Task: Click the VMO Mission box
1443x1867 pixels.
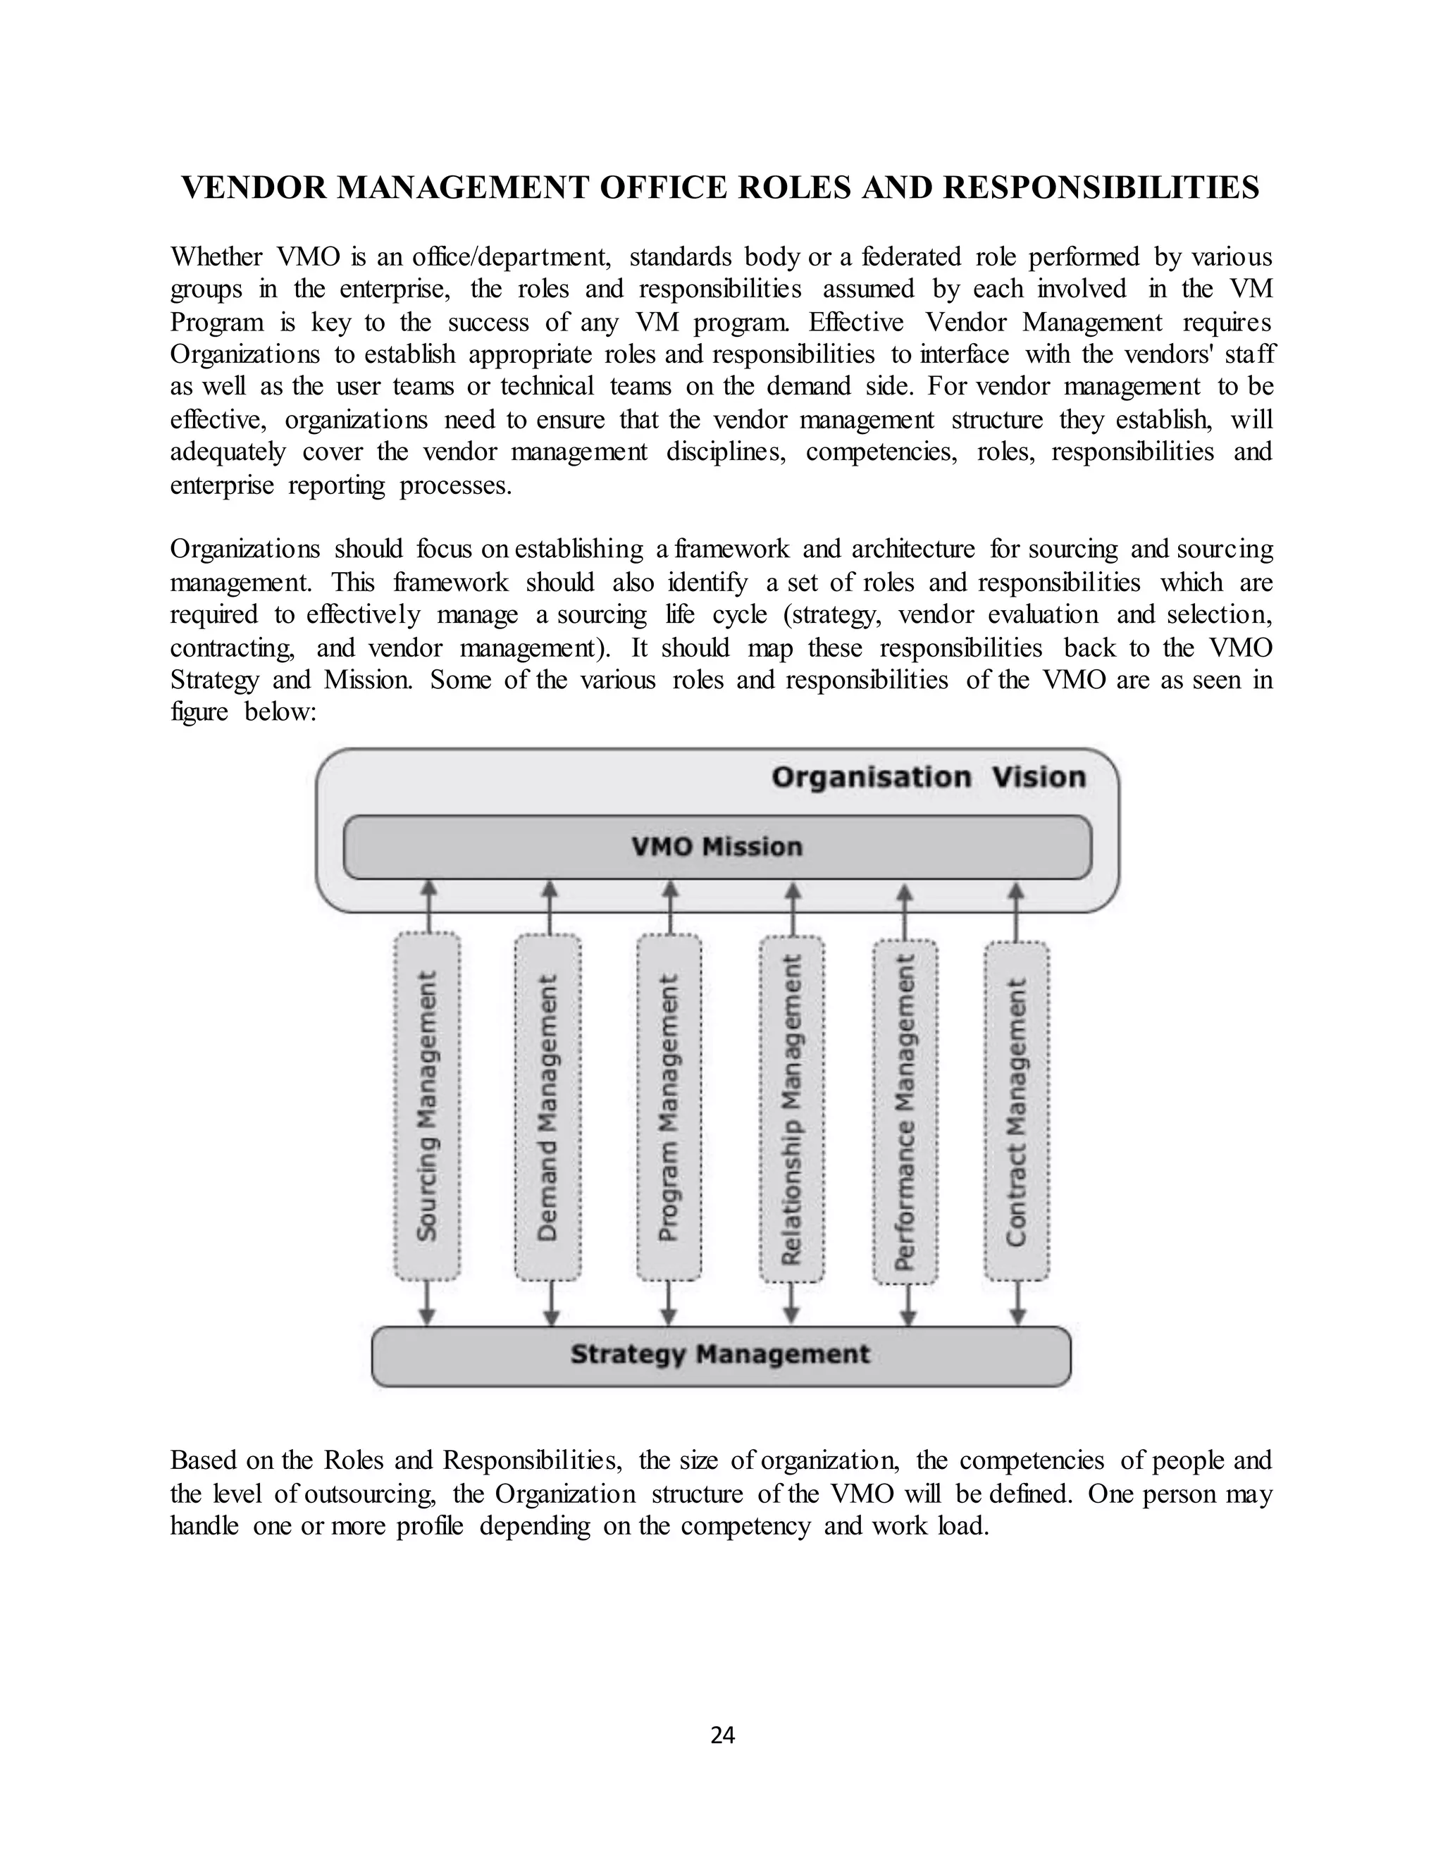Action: point(717,847)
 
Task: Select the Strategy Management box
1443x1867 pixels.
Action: point(721,1355)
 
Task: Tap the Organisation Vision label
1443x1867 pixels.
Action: point(929,778)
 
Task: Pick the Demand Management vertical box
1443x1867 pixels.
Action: point(548,1106)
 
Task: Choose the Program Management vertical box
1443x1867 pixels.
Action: point(669,1106)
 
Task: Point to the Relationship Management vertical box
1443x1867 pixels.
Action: point(793,1109)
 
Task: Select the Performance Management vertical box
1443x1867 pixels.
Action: point(905,1110)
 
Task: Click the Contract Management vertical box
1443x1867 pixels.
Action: point(1017,1110)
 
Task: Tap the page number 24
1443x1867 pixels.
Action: point(722,1735)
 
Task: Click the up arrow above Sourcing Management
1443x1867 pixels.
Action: point(429,906)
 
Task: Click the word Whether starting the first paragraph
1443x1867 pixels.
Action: point(216,256)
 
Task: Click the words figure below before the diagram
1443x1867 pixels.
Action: point(244,712)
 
